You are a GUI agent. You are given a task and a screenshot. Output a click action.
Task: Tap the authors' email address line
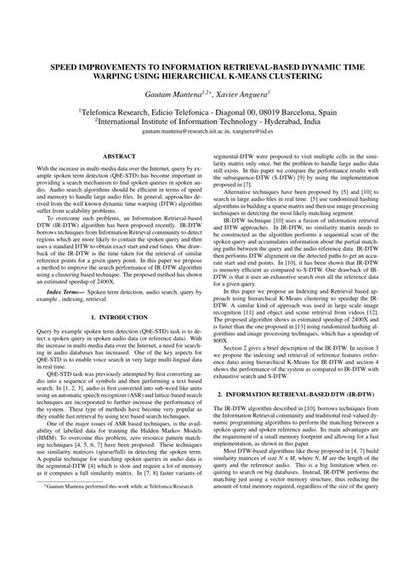click(201, 133)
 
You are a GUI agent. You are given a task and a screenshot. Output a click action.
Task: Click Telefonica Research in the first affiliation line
click(118, 111)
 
